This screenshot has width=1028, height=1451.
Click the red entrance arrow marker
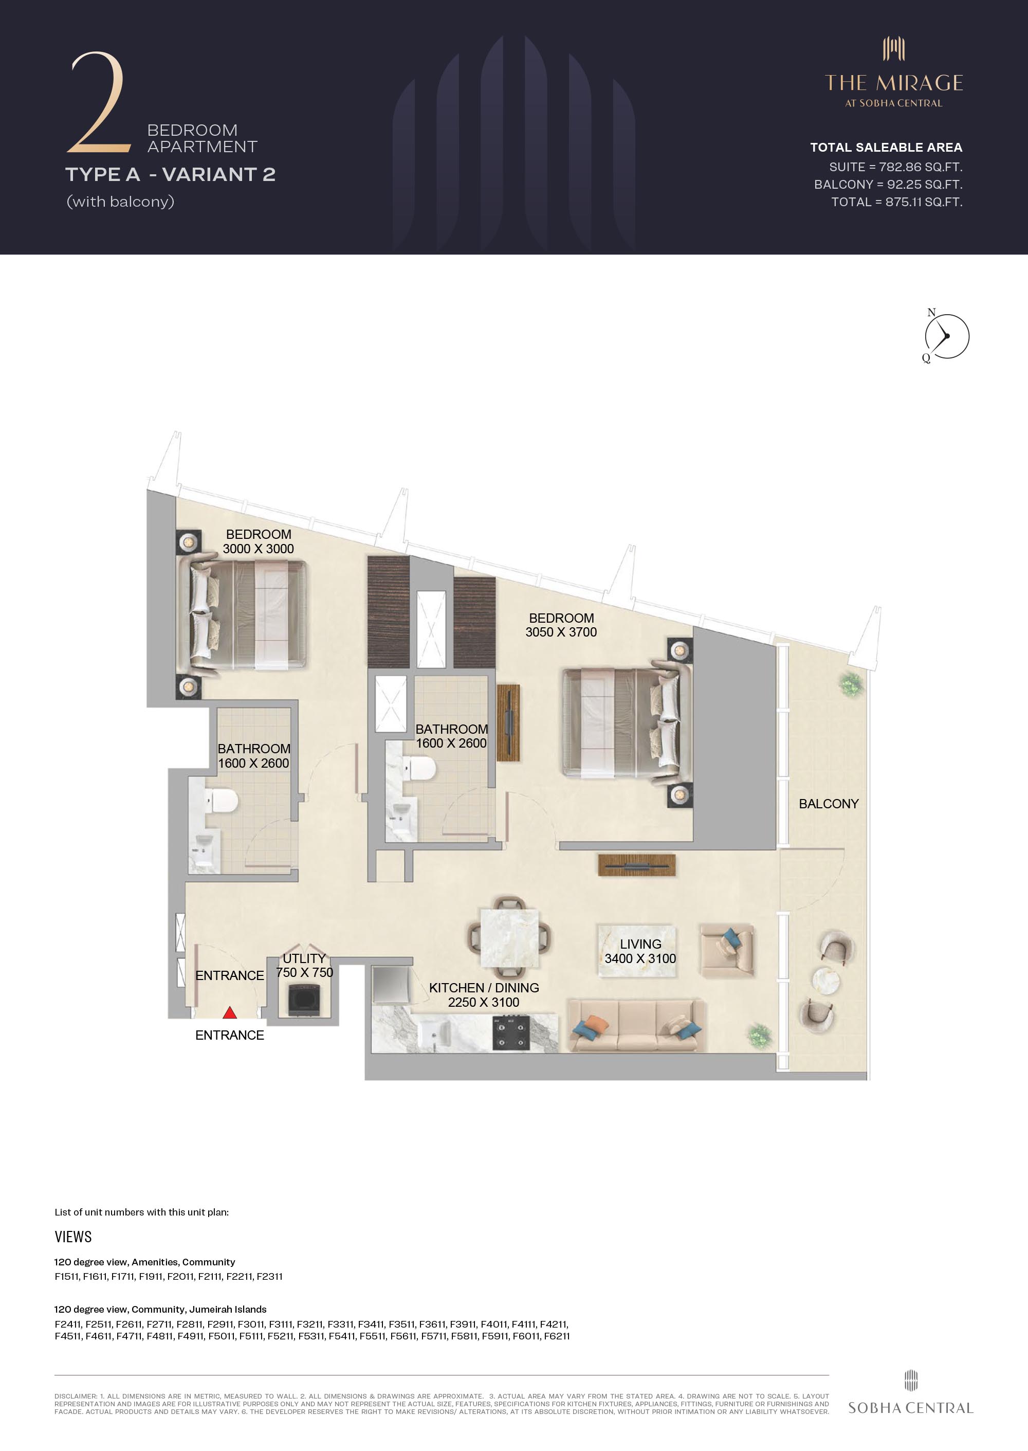click(230, 1013)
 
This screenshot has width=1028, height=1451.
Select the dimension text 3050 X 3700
click(561, 632)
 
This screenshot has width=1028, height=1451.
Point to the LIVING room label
click(640, 944)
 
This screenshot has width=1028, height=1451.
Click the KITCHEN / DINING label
click(484, 988)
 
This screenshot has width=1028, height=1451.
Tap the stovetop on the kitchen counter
click(511, 1032)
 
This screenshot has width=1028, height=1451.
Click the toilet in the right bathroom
click(420, 769)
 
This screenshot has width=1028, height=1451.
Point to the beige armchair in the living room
click(727, 950)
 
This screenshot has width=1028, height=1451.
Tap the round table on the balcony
click(827, 981)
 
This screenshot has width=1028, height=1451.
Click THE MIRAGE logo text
click(894, 83)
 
